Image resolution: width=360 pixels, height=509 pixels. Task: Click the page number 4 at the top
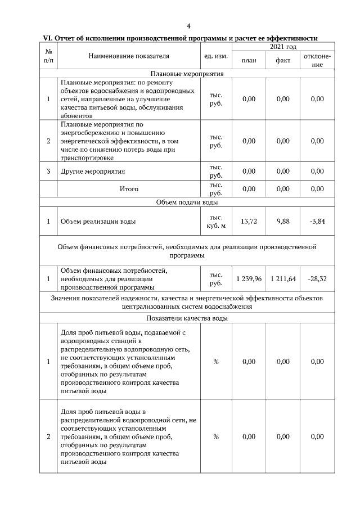(x=188, y=26)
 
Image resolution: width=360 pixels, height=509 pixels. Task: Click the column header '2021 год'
(x=283, y=47)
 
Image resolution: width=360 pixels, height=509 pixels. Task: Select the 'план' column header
(x=249, y=60)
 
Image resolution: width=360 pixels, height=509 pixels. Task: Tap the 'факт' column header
(x=283, y=60)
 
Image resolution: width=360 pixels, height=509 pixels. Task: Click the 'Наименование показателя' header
(x=128, y=56)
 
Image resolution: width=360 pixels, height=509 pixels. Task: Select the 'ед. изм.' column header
(x=215, y=56)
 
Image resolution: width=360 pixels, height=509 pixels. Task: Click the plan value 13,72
(x=249, y=222)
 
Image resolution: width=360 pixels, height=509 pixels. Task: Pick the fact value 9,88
(x=283, y=222)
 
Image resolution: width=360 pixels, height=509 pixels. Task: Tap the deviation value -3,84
(x=317, y=222)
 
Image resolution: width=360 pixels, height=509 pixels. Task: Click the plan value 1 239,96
(x=249, y=278)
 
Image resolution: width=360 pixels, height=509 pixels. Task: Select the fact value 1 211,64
(x=283, y=278)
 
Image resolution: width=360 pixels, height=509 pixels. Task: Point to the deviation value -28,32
(x=317, y=278)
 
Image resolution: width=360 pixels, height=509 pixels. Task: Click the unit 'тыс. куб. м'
(x=215, y=222)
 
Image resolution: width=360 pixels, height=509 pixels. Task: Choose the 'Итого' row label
(x=128, y=189)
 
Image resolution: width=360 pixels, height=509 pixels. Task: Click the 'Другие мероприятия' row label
(x=93, y=171)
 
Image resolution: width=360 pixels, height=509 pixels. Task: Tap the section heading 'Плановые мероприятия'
(x=187, y=73)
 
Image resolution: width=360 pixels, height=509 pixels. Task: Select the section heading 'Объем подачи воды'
(x=187, y=202)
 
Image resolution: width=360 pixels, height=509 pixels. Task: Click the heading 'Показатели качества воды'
(x=187, y=318)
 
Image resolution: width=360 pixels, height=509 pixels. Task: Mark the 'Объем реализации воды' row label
(x=98, y=222)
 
